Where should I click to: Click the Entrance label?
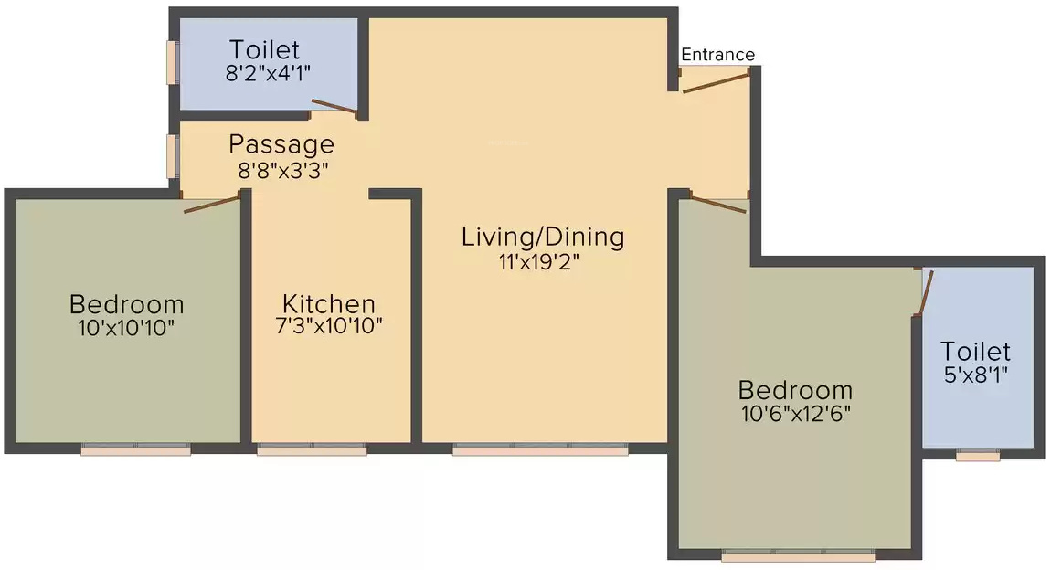(x=718, y=55)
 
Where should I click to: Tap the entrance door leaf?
(x=717, y=83)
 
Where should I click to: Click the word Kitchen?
(x=328, y=304)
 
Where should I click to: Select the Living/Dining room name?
(x=543, y=237)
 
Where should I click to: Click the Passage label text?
(x=281, y=144)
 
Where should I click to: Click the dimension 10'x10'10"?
(x=126, y=327)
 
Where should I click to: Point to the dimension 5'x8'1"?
(x=976, y=374)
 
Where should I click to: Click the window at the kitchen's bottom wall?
(x=312, y=449)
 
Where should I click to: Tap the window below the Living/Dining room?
(x=540, y=449)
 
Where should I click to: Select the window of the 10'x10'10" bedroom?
(x=135, y=449)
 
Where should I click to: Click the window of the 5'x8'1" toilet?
(x=977, y=455)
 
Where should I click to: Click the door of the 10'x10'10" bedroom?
(x=212, y=204)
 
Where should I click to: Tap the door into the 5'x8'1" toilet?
(x=925, y=292)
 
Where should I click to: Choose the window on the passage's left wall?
(x=171, y=155)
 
